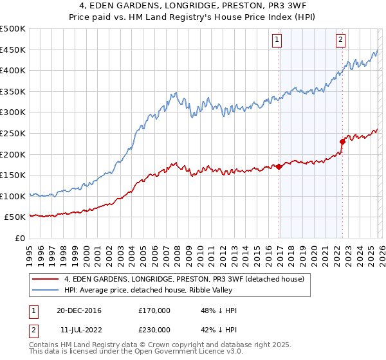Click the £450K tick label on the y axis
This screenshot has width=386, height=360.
point(13,50)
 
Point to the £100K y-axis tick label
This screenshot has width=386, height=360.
point(13,196)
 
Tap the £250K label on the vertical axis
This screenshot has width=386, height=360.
point(13,133)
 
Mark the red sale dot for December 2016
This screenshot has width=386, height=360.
point(279,166)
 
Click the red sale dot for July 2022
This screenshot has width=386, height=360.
point(342,141)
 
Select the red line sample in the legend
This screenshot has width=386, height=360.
point(46,278)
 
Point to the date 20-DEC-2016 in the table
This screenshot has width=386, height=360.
point(78,310)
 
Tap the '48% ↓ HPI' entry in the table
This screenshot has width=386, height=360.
point(219,310)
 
